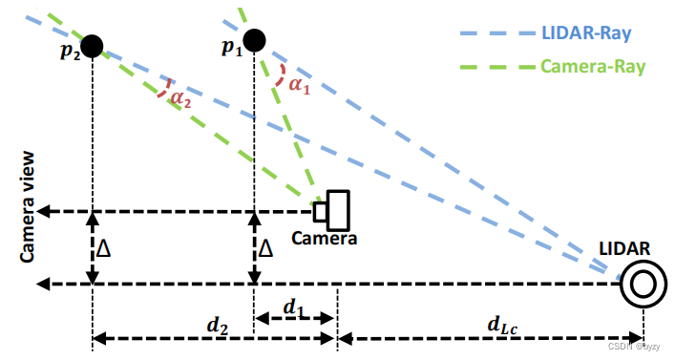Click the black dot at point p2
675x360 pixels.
(x=92, y=45)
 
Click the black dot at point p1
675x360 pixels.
(x=253, y=39)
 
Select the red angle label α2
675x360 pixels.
(x=181, y=95)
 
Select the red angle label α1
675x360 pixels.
(x=299, y=84)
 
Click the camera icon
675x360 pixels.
(x=335, y=208)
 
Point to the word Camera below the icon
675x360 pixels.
(x=325, y=238)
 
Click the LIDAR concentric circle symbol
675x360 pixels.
(x=638, y=285)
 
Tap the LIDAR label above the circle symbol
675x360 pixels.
(x=624, y=249)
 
